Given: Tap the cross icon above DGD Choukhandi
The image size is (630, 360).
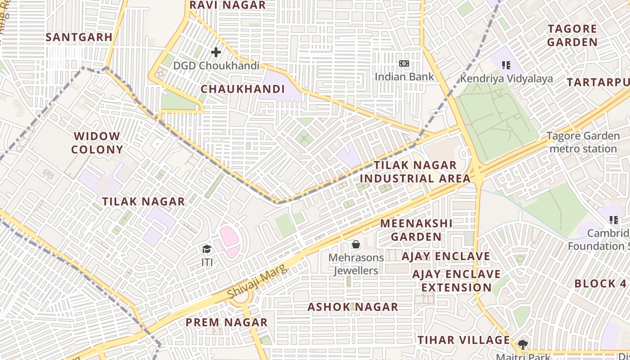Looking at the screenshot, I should click(216, 52).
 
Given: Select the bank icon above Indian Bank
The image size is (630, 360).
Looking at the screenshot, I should click(404, 63).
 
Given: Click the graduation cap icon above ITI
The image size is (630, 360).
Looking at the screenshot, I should click(207, 249).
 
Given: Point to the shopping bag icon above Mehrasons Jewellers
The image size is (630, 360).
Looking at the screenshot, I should click(356, 244).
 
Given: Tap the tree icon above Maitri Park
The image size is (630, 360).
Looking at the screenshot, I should click(522, 345).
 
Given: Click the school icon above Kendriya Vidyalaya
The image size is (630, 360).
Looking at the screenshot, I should click(506, 65).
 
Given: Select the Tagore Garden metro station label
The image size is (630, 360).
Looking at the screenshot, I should click(583, 142).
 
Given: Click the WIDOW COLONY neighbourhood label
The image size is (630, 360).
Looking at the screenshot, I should click(97, 143).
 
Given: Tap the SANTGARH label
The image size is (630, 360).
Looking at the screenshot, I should click(79, 37).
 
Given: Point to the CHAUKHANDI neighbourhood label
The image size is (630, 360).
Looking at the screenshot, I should click(243, 89).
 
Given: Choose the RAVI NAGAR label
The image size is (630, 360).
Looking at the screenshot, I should click(228, 5).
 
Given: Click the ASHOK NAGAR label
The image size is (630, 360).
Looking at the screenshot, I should click(353, 307).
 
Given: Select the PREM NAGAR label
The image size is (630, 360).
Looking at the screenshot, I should click(227, 322).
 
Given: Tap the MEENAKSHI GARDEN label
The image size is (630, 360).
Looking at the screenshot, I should click(416, 230).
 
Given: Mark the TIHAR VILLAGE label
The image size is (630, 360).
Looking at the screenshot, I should click(463, 340).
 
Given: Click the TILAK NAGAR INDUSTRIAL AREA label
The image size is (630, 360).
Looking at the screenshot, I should click(415, 171).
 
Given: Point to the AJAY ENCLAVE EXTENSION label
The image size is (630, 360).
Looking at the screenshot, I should click(456, 281).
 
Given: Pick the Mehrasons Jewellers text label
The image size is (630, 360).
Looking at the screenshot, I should click(356, 264).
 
